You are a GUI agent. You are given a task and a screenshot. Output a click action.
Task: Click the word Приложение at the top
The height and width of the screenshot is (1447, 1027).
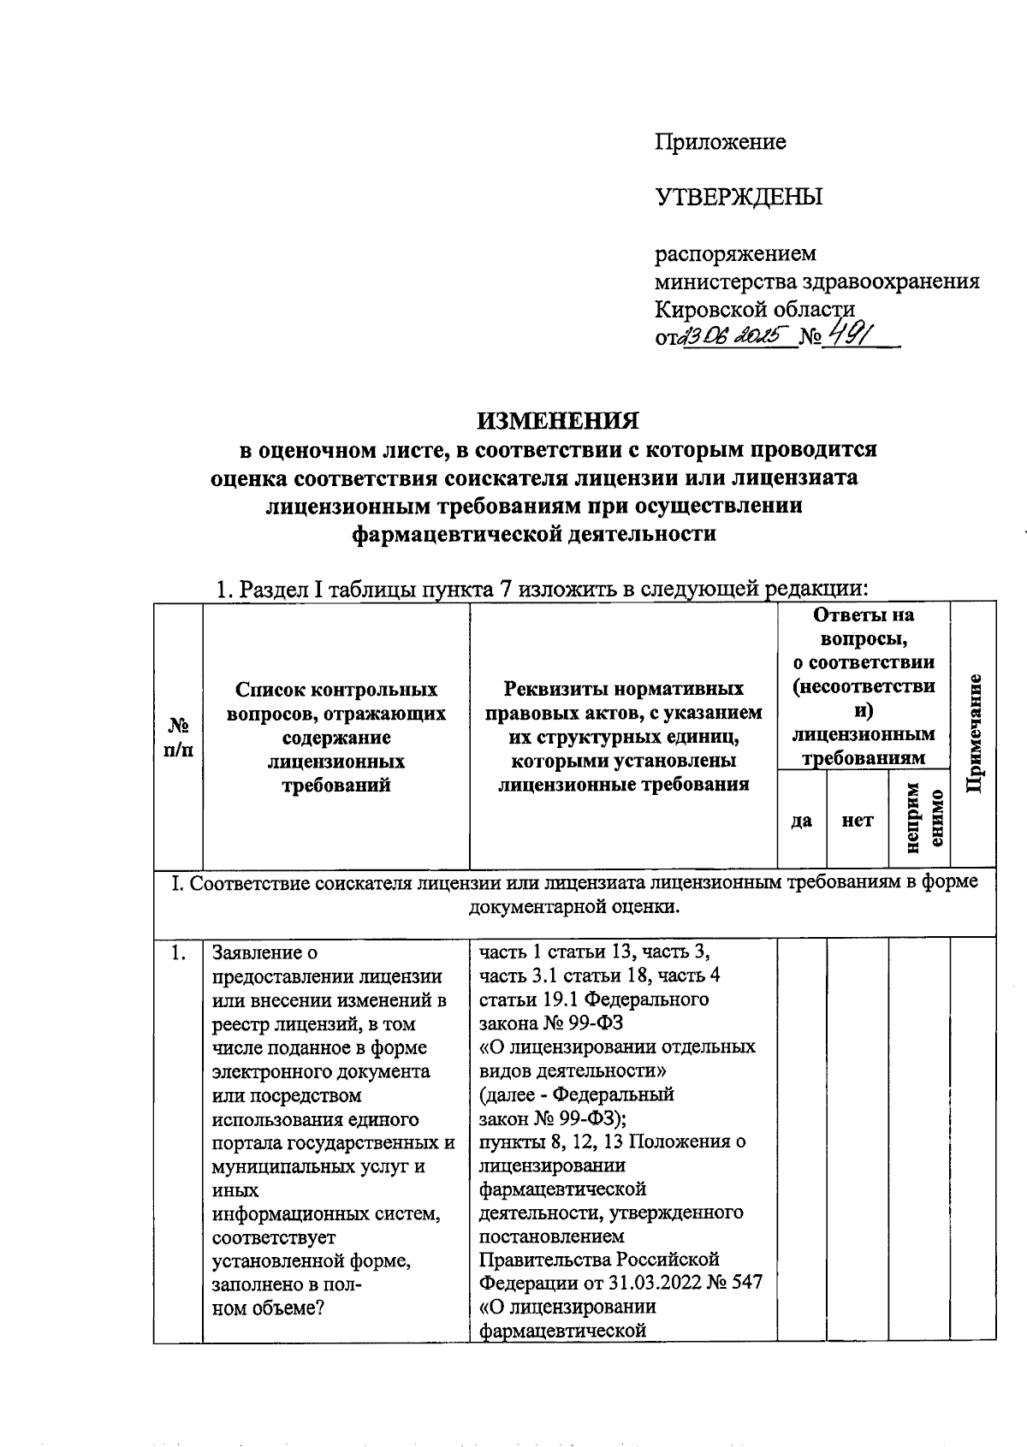click(x=721, y=142)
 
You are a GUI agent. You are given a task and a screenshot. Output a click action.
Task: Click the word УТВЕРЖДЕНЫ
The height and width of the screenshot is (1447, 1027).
click(x=739, y=198)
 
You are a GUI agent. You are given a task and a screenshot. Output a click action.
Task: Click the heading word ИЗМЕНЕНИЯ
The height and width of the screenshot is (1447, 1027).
click(x=558, y=421)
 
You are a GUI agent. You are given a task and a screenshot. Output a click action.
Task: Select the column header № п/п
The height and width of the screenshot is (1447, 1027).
click(x=178, y=737)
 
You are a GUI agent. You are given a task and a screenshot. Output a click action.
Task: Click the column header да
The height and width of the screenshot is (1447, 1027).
click(x=801, y=821)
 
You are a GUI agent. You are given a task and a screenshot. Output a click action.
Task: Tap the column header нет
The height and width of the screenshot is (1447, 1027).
click(x=858, y=821)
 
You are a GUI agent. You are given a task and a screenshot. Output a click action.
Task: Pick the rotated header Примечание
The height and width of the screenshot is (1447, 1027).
click(x=973, y=733)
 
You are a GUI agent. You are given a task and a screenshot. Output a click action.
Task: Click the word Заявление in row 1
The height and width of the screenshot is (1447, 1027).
click(x=258, y=952)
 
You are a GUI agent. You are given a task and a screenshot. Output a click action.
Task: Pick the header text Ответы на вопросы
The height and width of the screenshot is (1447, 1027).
click(x=864, y=626)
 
